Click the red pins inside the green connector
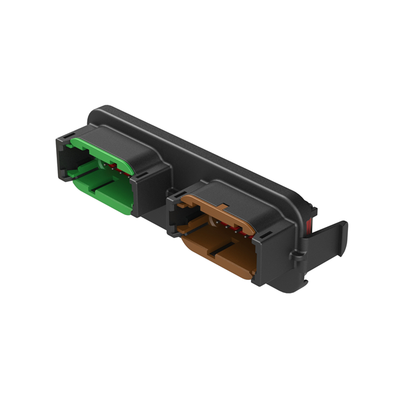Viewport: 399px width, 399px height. click(x=115, y=166)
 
